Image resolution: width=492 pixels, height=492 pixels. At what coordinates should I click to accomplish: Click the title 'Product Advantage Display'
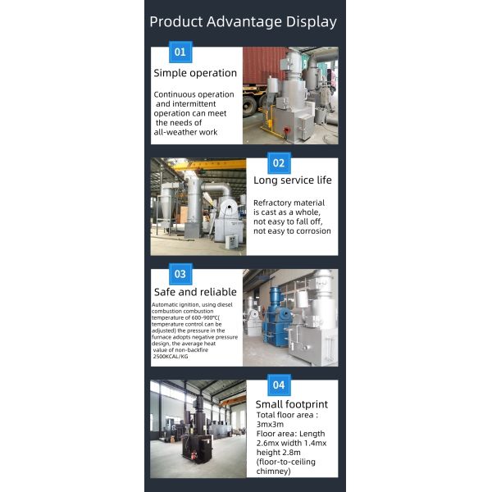(x=243, y=22)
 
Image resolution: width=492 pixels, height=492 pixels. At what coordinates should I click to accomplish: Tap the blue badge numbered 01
(x=180, y=52)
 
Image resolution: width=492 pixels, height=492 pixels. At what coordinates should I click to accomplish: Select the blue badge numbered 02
(x=279, y=163)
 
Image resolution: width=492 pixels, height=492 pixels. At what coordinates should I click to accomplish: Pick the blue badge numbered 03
(x=180, y=274)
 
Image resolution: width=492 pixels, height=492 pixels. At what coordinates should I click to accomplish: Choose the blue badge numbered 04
(x=279, y=385)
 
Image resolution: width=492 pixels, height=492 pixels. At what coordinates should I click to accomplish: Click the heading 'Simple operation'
(x=195, y=73)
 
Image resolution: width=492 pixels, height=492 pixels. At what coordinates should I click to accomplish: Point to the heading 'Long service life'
(x=292, y=180)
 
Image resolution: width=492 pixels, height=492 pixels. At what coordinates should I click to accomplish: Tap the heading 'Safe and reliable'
(x=195, y=292)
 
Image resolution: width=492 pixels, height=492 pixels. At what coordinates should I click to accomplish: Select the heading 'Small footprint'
(x=292, y=403)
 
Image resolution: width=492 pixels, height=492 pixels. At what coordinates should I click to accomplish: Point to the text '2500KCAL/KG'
(x=171, y=358)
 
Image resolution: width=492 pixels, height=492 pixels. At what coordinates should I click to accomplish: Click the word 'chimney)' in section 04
(x=274, y=471)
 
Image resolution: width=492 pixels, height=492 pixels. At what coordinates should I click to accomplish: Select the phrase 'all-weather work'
(x=186, y=132)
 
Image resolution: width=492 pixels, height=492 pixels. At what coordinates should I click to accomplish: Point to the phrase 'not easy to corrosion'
(x=292, y=231)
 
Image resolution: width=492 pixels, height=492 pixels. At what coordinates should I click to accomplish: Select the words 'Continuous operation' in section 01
(x=194, y=94)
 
